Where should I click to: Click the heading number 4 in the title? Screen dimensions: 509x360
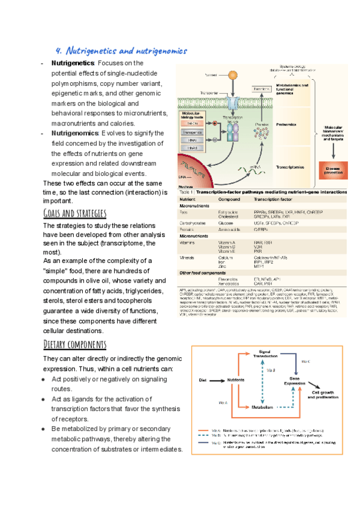[x=58, y=51]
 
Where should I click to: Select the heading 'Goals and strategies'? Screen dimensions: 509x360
[x=75, y=214]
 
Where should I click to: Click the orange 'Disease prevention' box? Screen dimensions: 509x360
[x=333, y=171]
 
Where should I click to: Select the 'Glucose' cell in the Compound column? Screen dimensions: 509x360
[x=226, y=222]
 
